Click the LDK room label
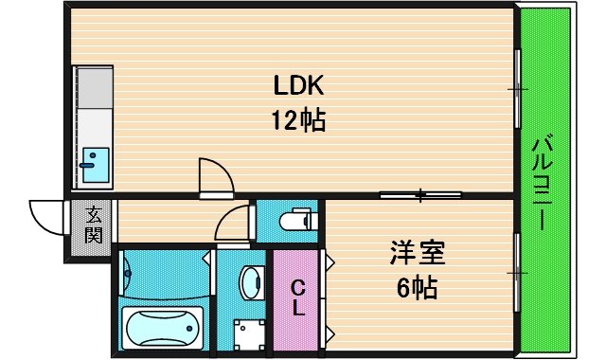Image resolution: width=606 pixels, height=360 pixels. [x=298, y=85]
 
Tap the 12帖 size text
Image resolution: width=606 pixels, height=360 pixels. [x=298, y=120]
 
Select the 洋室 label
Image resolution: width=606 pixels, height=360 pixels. [x=418, y=252]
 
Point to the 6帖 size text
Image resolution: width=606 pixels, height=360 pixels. [x=418, y=288]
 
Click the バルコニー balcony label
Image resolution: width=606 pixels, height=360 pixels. [x=542, y=183]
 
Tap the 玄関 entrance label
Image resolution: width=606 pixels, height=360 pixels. [x=94, y=225]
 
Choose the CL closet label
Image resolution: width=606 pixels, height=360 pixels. [x=298, y=297]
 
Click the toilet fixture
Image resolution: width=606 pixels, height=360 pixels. [x=298, y=221]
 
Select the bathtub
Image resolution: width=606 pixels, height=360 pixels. [x=162, y=328]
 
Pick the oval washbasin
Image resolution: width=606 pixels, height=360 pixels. [x=251, y=283]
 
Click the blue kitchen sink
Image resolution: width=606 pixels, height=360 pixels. [x=96, y=165]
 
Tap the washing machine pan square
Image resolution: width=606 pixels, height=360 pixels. [x=250, y=334]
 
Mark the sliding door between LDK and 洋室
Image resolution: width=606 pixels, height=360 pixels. [x=420, y=195]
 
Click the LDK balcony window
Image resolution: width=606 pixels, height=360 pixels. [x=518, y=88]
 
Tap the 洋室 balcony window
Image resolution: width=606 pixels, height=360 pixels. [x=517, y=273]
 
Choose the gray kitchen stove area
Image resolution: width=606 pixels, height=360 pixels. [x=95, y=88]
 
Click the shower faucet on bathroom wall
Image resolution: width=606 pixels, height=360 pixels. [x=127, y=274]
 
